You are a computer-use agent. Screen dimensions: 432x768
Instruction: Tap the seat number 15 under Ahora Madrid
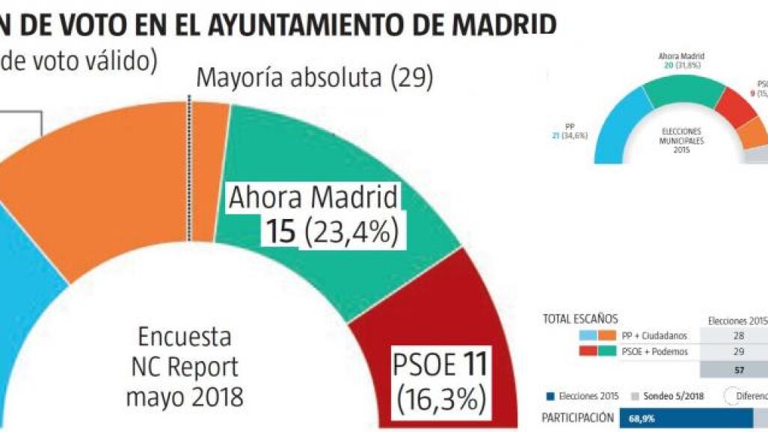click(x=282, y=232)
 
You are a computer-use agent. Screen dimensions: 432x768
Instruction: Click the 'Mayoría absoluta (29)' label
click(x=315, y=78)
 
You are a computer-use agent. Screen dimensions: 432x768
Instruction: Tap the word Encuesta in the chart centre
click(x=184, y=337)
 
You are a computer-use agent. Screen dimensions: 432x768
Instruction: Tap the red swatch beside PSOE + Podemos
click(x=588, y=351)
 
